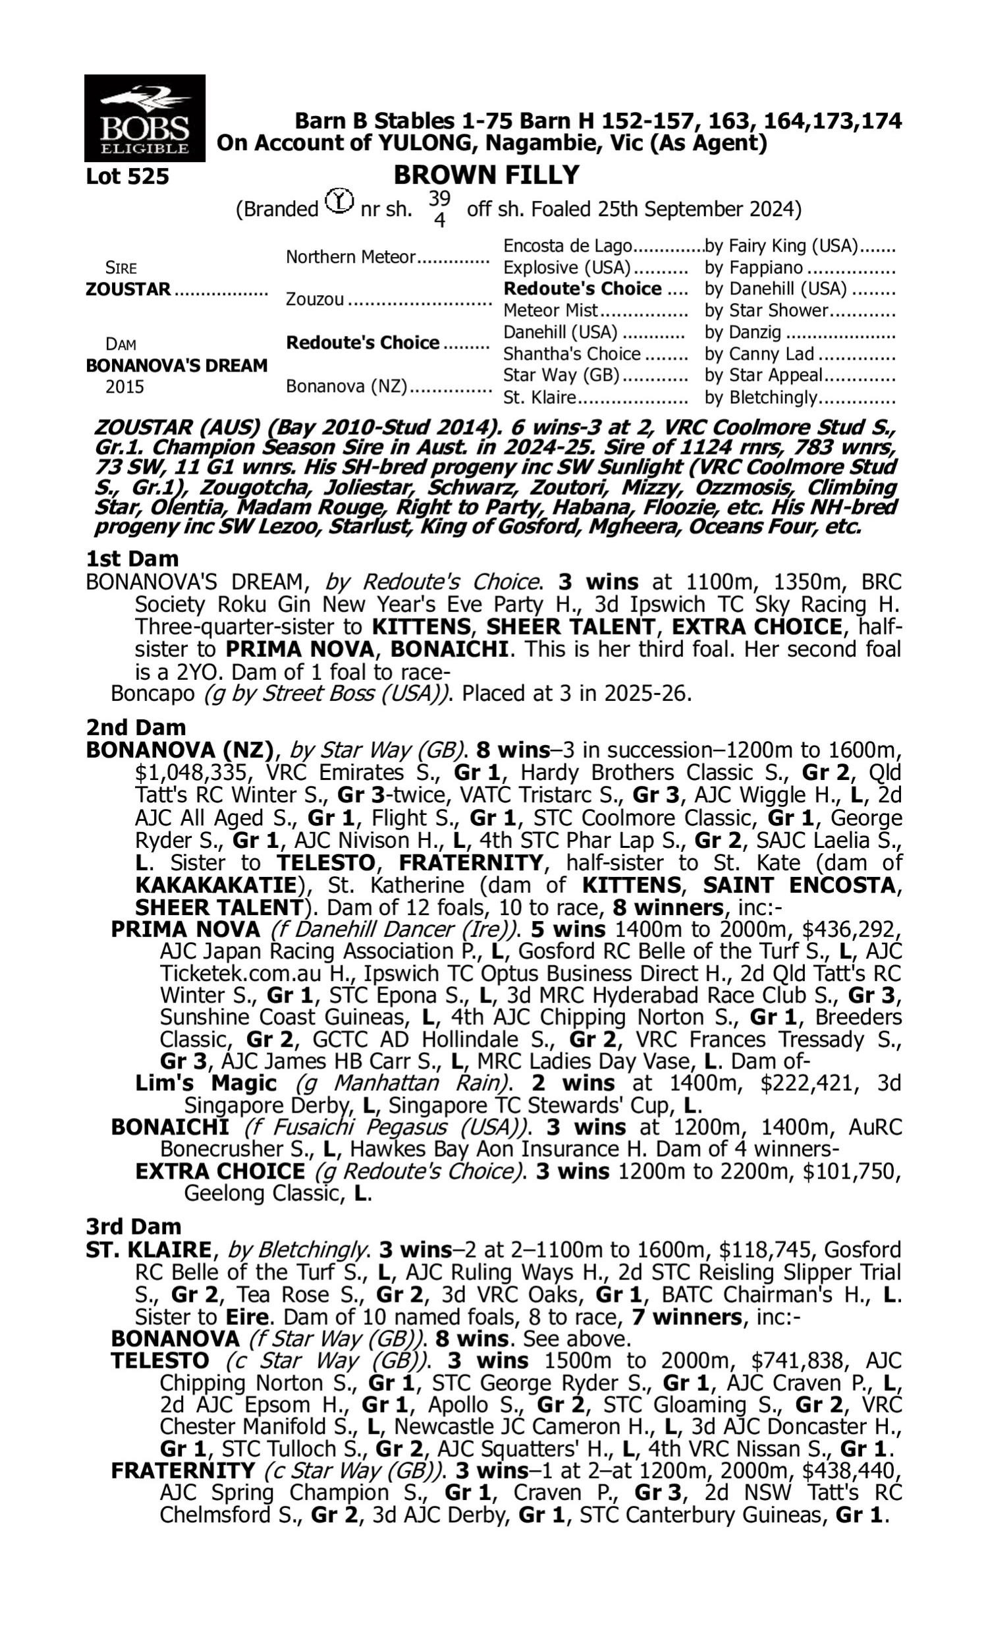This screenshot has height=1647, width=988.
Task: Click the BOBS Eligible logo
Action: (144, 118)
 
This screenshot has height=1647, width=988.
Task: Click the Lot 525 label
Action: (127, 177)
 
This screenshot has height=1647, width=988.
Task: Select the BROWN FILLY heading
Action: (486, 175)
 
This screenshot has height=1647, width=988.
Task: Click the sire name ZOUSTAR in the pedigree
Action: (128, 290)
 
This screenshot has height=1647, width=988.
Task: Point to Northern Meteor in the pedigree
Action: (351, 257)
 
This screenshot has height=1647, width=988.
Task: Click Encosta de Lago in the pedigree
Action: (567, 246)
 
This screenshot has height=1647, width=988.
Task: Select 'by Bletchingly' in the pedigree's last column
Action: (760, 397)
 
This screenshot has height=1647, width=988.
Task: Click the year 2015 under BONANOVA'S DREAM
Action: (124, 387)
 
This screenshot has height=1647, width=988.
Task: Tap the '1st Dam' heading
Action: (132, 559)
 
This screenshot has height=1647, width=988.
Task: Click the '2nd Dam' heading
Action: (136, 727)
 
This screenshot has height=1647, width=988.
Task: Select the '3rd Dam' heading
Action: (134, 1226)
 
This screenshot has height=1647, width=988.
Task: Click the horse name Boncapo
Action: (153, 694)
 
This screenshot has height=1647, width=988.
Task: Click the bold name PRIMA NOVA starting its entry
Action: (185, 929)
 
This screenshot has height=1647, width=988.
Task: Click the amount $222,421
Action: (806, 1083)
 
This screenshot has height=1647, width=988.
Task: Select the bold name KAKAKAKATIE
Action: (215, 885)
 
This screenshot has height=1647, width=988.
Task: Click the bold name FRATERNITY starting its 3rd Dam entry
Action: (183, 1470)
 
